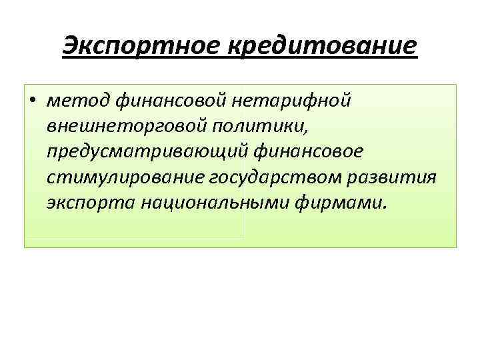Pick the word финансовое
point(309,152)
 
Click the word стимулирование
point(126,177)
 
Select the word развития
point(399,177)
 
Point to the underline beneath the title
point(240,59)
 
